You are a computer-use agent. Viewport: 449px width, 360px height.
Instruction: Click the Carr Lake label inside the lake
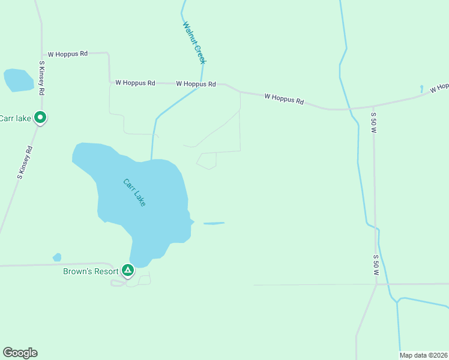134,193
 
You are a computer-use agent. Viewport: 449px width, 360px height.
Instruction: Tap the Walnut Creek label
194,43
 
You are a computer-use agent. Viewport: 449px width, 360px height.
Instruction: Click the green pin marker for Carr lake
40,118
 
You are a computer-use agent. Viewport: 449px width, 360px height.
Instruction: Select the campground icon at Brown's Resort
128,271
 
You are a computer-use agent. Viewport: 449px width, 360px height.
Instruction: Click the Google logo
20,353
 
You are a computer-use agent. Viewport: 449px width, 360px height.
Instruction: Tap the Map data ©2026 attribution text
424,355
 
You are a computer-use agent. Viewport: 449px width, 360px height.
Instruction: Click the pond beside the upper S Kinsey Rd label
18,80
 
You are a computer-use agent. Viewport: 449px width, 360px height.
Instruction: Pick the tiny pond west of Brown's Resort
57,257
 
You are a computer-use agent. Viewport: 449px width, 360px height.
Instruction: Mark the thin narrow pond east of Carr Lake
214,223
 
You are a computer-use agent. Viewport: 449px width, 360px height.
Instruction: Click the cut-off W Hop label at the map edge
439,88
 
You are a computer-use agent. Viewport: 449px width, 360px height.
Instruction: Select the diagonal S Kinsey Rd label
25,162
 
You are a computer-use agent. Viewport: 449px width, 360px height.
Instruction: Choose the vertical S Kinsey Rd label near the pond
42,78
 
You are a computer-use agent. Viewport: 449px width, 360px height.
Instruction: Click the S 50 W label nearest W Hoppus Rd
373,122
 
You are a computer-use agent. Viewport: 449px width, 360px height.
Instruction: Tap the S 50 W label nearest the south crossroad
376,265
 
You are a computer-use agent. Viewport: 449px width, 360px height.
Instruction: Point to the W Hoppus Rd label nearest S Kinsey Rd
68,54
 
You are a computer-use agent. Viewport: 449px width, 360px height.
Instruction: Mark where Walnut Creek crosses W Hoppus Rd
202,84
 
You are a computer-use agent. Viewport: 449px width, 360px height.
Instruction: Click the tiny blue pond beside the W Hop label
422,89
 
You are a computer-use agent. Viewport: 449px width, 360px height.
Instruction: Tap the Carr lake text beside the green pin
15,118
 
